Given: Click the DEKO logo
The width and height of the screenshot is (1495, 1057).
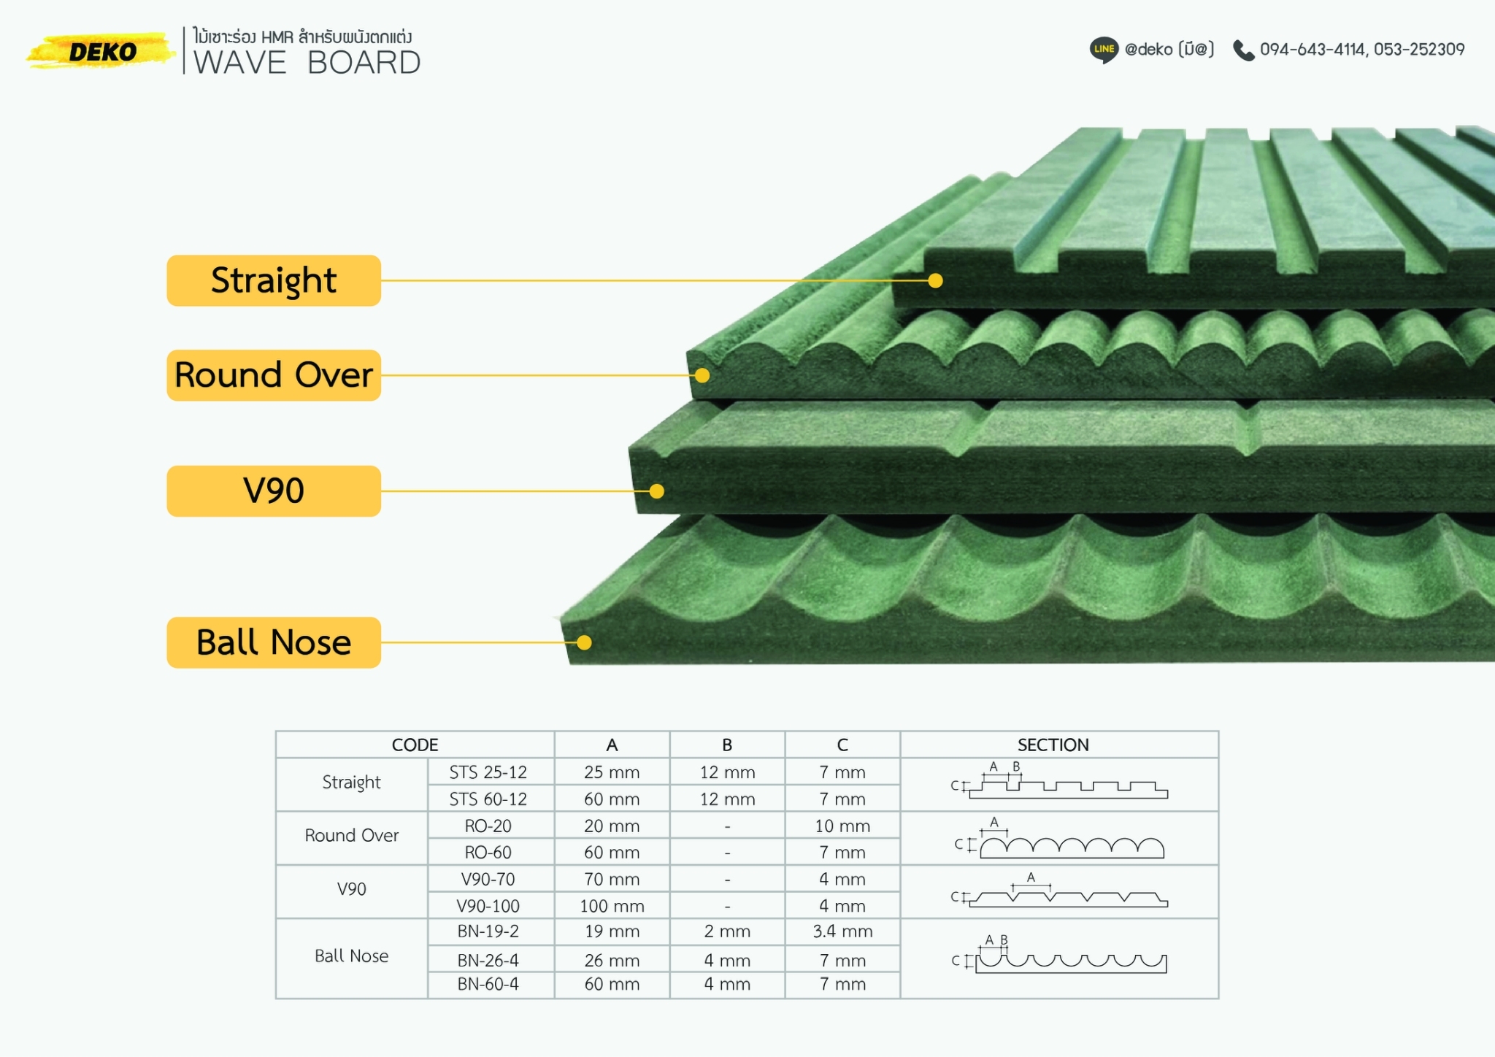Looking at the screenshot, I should point(102,51).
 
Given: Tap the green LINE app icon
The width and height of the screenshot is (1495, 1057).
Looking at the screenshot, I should point(1104,50).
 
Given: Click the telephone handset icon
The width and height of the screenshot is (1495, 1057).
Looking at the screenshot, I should point(1243,50).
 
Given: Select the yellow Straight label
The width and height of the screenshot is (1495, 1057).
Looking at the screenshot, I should point(274,280).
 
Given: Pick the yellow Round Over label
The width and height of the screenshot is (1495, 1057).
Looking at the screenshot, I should point(274,375).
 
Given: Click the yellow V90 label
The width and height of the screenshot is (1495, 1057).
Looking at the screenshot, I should point(274,491).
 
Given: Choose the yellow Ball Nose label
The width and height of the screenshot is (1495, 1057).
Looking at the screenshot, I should point(274,642).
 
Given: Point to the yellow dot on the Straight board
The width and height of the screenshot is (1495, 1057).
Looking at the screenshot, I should point(935,280).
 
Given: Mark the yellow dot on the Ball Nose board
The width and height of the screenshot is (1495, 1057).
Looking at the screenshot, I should point(584,642).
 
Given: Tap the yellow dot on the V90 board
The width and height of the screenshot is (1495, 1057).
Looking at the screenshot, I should point(656,491).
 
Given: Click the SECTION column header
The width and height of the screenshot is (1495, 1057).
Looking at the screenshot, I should point(1053,745).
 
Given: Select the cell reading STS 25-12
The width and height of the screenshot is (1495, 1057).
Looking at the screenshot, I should point(488,772).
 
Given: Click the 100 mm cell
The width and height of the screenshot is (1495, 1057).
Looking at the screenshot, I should point(612,906).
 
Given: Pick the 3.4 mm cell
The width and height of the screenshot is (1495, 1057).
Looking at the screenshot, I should point(842,931).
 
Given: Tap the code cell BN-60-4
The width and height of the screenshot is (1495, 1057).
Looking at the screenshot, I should point(488,984).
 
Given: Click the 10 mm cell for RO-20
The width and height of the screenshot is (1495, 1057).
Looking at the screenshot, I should point(842,826).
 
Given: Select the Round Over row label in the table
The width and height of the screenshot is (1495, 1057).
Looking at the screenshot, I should point(351,835).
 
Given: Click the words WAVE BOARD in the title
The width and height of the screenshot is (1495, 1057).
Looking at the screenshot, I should point(307,63).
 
